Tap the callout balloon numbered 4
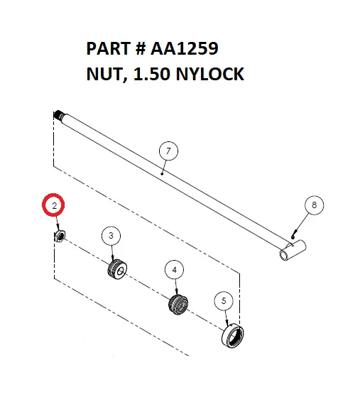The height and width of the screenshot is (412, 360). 174,269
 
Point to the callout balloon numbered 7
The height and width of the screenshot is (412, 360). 168,151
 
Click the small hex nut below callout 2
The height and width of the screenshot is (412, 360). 60,235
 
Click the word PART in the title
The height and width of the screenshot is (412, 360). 106,49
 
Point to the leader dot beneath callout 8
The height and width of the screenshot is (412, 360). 294,231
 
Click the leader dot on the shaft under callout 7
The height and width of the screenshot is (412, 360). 163,173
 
